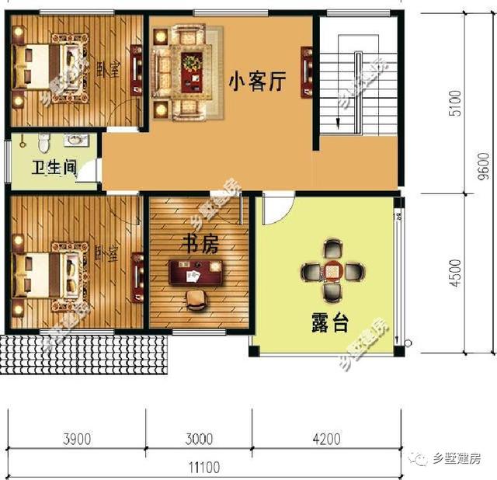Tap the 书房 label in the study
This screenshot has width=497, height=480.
point(200,244)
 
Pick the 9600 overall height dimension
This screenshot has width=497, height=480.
point(482,162)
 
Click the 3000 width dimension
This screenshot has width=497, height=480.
point(200,440)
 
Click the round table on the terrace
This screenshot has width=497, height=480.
point(333,271)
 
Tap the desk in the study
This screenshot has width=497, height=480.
point(196,273)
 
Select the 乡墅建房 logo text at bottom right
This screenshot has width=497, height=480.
point(458,458)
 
